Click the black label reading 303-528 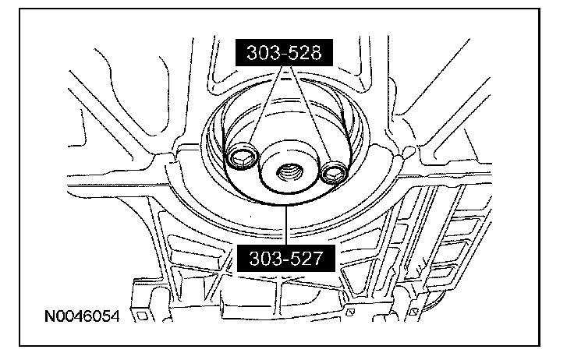pyautogui.click(x=284, y=53)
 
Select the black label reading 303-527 pyautogui.click(x=286, y=258)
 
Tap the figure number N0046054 pyautogui.click(x=82, y=316)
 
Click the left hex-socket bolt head pyautogui.click(x=242, y=157)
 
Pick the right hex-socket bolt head pyautogui.click(x=334, y=172)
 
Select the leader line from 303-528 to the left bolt pyautogui.click(x=266, y=105)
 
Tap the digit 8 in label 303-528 pyautogui.click(x=314, y=53)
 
